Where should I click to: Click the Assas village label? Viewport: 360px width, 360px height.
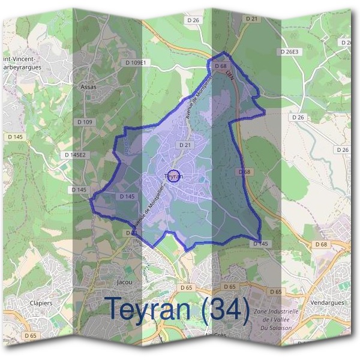coord(88,86)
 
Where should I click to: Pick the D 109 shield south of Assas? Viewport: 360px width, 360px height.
coord(85,122)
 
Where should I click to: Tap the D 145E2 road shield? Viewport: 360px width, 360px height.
coord(75,154)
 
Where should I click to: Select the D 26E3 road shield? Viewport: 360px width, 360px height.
coord(289,52)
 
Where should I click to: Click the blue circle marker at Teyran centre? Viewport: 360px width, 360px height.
coord(173,176)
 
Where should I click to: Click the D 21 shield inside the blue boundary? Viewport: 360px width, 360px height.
coord(184,145)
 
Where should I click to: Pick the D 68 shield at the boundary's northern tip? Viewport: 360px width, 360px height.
coord(221,65)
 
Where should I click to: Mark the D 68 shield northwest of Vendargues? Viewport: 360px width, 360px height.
coord(321,244)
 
